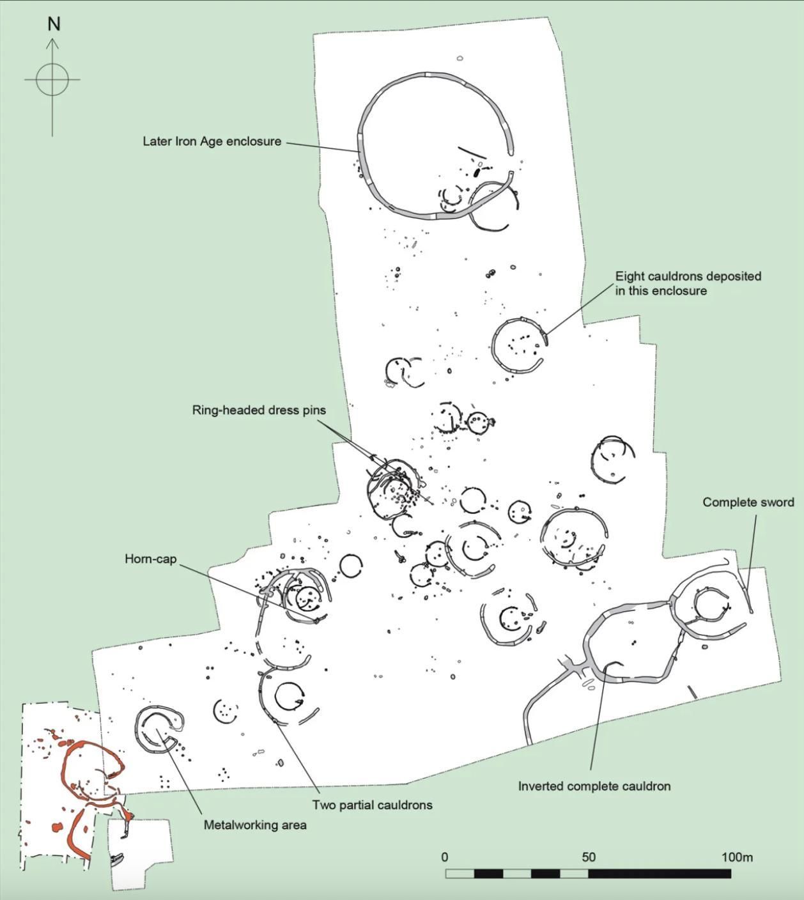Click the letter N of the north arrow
pyautogui.click(x=54, y=24)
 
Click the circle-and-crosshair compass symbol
pyautogui.click(x=52, y=80)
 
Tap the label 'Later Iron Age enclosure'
pyautogui.click(x=212, y=141)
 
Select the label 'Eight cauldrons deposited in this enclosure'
pyautogui.click(x=688, y=283)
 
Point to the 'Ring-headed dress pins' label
pyautogui.click(x=259, y=410)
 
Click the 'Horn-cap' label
pyautogui.click(x=150, y=559)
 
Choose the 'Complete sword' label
pyautogui.click(x=748, y=502)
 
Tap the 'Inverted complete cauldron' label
pyautogui.click(x=594, y=786)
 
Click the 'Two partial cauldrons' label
pyautogui.click(x=372, y=805)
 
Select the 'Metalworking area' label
pyautogui.click(x=255, y=825)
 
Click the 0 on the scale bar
pyautogui.click(x=445, y=857)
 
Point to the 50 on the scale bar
pyautogui.click(x=589, y=857)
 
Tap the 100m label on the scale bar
pyautogui.click(x=737, y=857)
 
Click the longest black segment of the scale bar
pyautogui.click(x=660, y=874)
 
